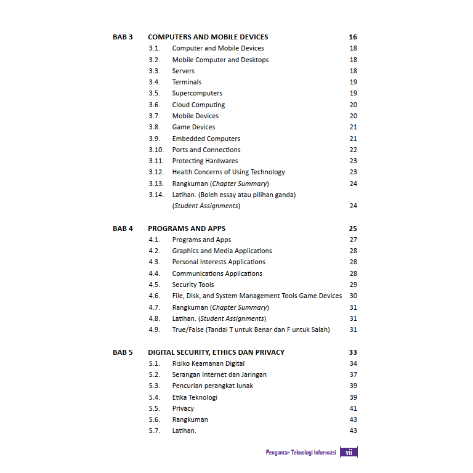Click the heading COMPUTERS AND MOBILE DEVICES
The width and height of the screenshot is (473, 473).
208,37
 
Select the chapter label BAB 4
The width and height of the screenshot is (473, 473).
123,228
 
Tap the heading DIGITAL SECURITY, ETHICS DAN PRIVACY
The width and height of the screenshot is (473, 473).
216,352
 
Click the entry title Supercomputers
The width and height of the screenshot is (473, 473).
197,93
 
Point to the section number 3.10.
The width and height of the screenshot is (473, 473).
156,150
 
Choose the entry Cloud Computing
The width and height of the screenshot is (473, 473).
198,105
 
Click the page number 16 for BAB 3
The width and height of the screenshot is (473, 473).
353,37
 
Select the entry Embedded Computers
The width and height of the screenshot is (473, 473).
206,139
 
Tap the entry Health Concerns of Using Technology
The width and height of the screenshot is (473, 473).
228,172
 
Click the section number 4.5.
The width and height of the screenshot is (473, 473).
154,285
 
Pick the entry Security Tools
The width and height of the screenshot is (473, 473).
193,285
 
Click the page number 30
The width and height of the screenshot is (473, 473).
353,296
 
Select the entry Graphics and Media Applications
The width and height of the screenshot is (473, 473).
222,251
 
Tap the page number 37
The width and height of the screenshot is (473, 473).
353,374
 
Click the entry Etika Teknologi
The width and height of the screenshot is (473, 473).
195,397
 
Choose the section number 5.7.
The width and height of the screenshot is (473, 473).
154,431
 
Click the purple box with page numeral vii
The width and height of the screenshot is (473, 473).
349,452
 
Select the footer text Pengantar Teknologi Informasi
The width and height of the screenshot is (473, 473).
301,453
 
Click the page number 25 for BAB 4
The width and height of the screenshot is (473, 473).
353,228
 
